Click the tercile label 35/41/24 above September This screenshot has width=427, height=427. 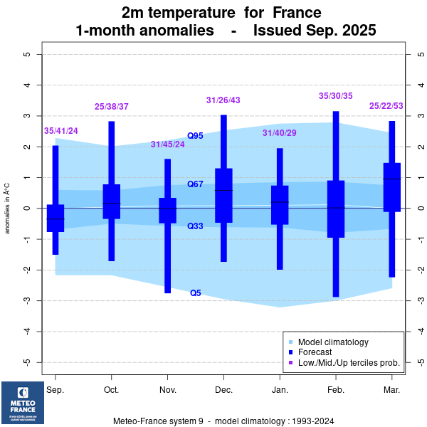tap(61, 131)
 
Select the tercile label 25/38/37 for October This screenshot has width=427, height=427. tap(112, 107)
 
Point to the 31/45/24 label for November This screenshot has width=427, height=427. tap(167, 145)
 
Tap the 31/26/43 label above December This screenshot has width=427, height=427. tap(223, 100)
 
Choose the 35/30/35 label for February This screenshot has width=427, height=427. tap(336, 96)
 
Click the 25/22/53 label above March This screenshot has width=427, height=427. tap(386, 106)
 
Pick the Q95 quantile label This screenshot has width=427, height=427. tap(196, 136)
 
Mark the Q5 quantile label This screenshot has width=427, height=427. tap(196, 293)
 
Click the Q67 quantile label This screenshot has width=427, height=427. tap(196, 184)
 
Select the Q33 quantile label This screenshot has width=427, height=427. tap(196, 226)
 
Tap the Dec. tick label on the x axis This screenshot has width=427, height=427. tap(223, 391)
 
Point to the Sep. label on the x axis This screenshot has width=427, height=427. tap(56, 391)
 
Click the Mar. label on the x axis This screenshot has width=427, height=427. tap(391, 391)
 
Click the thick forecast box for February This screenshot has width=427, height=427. tap(336, 209)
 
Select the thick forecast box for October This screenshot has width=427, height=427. tap(112, 201)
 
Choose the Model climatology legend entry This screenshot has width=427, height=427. tap(333, 342)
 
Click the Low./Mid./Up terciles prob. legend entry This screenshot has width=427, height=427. tap(349, 363)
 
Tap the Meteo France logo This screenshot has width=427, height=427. tap(23, 402)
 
